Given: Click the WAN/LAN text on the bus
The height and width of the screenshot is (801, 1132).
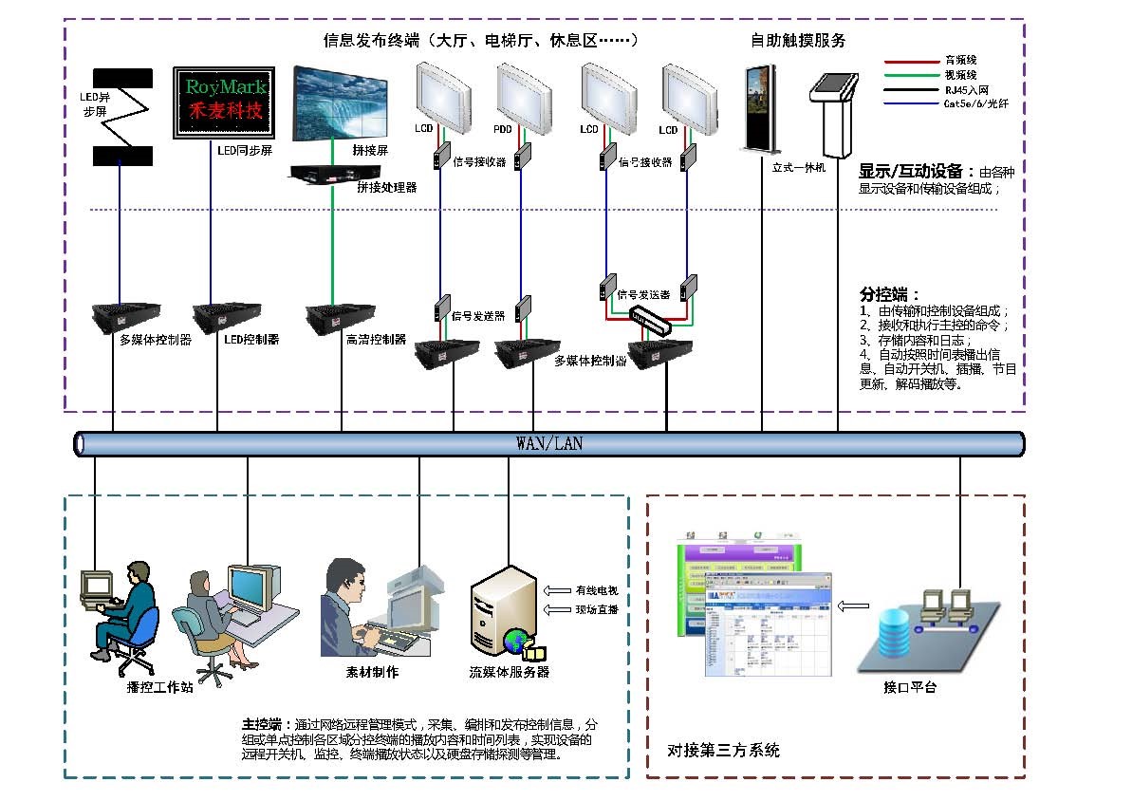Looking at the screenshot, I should coord(549,443).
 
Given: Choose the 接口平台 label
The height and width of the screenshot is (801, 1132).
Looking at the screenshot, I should coord(909,687).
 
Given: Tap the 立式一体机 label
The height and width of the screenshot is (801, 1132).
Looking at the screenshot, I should coord(800,168).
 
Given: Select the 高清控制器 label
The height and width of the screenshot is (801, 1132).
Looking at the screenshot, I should coord(376,339).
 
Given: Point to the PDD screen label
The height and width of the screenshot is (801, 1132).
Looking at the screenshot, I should coord(502,128).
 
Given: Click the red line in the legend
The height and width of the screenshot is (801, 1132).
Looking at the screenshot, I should coord(912,61).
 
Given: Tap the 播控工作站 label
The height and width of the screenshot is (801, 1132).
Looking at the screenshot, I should coord(159,686).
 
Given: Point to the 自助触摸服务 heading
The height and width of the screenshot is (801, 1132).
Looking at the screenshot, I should coord(797,40).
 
